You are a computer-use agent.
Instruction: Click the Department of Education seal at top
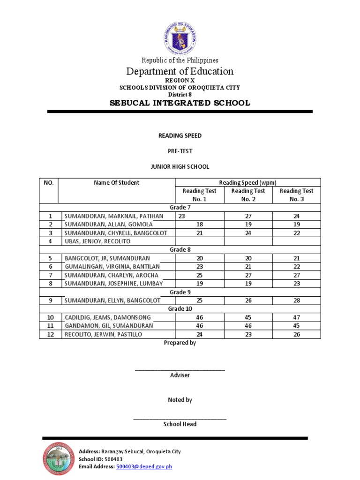(180, 37)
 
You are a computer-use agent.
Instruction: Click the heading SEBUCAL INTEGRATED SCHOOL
(180, 103)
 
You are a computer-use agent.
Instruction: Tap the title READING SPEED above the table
(180, 136)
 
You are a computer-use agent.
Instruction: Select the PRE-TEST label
(180, 151)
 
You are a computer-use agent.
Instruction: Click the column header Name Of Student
(116, 183)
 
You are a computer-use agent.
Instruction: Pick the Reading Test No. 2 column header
(248, 195)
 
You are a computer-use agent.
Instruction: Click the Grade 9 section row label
(180, 292)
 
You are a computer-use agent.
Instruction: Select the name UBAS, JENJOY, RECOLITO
(97, 241)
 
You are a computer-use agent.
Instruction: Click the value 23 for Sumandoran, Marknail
(182, 216)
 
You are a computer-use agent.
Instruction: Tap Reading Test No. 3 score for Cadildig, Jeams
(296, 317)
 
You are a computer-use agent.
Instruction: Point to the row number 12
(50, 334)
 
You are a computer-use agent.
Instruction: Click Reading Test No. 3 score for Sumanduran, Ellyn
(296, 300)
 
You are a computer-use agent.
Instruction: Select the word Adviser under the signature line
(180, 375)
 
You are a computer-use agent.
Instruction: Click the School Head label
(180, 424)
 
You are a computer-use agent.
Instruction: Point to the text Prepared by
(180, 343)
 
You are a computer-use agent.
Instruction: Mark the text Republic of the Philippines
(180, 60)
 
